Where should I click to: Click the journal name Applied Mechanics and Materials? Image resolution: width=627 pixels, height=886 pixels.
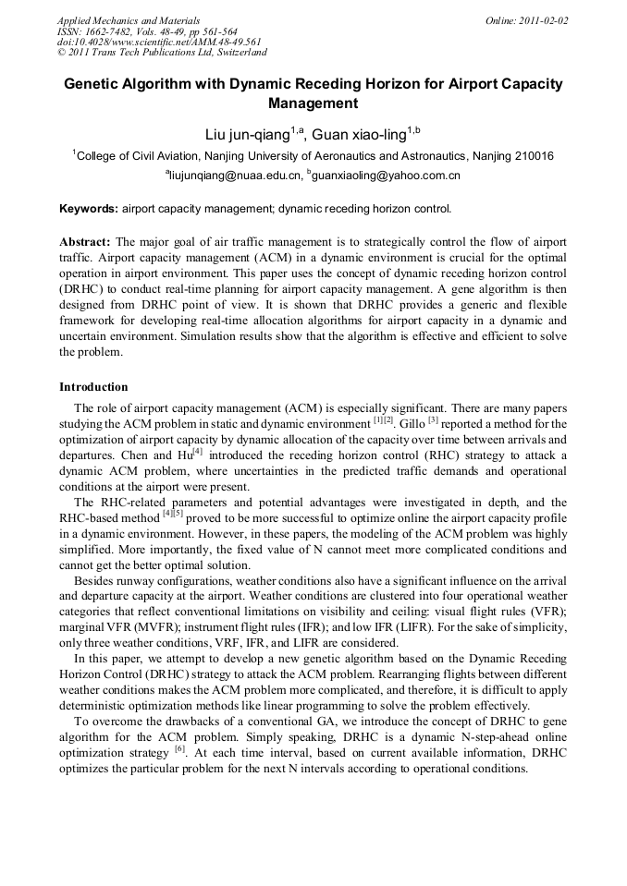click(x=129, y=20)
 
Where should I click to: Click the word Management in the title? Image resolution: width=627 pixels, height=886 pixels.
click(x=313, y=103)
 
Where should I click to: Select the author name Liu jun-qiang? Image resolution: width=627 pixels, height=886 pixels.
click(x=247, y=135)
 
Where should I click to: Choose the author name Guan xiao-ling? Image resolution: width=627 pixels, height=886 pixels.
click(x=358, y=135)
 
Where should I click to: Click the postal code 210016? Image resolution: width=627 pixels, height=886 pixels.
click(x=534, y=156)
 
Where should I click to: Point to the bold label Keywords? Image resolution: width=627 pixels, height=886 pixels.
click(x=89, y=209)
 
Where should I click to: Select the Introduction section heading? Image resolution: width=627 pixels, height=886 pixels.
click(x=93, y=387)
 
